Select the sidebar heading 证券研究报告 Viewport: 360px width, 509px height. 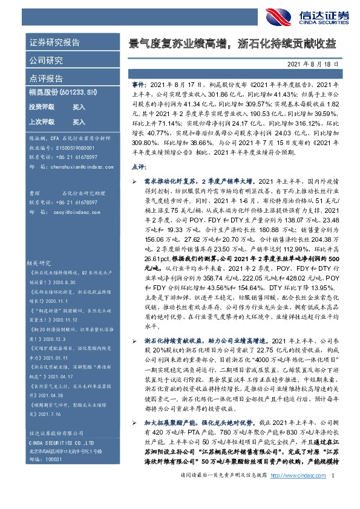tap(54, 42)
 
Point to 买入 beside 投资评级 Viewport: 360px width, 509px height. tap(79, 106)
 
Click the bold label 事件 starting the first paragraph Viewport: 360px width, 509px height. tap(138, 83)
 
